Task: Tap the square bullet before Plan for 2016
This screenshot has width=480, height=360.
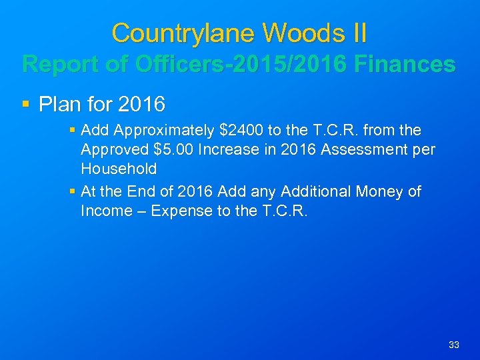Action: pyautogui.click(x=26, y=105)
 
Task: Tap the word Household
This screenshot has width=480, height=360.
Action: pyautogui.click(x=118, y=169)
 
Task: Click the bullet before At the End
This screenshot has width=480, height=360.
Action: pyautogui.click(x=73, y=192)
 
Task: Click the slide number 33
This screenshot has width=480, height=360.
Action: pyautogui.click(x=454, y=345)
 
